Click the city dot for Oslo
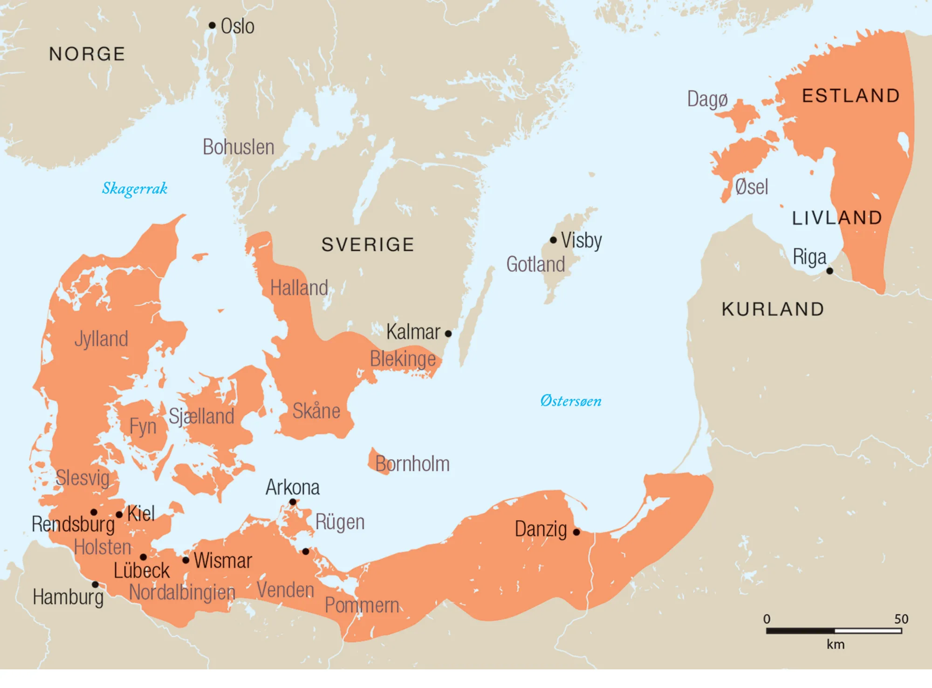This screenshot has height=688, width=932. point(212,25)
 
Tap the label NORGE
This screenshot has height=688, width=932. point(87,54)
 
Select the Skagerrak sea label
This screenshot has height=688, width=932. point(135,188)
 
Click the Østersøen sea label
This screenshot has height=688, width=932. point(570,401)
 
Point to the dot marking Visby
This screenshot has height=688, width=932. point(553,240)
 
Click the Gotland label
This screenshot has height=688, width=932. point(535,264)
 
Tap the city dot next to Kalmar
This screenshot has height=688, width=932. point(448,333)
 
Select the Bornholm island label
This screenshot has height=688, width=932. point(412,464)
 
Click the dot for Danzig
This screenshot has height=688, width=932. point(576,532)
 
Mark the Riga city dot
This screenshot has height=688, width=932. point(829,271)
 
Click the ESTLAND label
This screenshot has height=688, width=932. point(851,96)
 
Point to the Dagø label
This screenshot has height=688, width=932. point(707,99)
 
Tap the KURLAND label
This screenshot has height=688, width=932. point(773,310)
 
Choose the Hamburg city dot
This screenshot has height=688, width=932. point(95,585)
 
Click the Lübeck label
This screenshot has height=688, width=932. point(142,571)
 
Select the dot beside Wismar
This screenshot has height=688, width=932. point(185,560)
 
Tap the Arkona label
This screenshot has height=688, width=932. point(293,488)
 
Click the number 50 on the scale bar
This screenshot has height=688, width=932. point(901,619)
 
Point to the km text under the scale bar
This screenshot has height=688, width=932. point(836,645)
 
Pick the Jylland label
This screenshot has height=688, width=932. point(101,339)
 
